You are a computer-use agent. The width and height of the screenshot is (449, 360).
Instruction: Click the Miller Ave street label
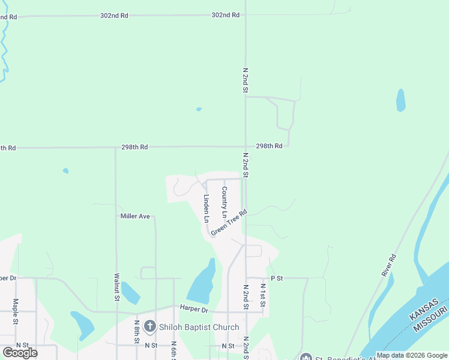pyautogui.click(x=134, y=216)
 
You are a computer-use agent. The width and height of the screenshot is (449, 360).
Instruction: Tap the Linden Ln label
pyautogui.click(x=206, y=208)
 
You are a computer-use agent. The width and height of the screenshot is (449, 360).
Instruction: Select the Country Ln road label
pyautogui.click(x=224, y=202)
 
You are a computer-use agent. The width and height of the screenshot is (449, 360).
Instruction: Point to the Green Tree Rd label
pyautogui.click(x=229, y=222)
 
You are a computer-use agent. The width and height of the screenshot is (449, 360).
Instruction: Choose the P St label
pyautogui.click(x=276, y=278)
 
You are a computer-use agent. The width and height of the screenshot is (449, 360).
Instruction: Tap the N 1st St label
pyautogui.click(x=262, y=293)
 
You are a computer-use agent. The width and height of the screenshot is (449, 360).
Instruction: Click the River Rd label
pyautogui.click(x=389, y=265)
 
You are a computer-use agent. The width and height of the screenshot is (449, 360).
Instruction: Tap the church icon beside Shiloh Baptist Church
pyautogui.click(x=149, y=327)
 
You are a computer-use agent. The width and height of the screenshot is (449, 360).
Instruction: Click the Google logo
pyautogui.click(x=20, y=352)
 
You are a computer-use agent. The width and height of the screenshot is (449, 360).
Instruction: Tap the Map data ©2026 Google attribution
pyautogui.click(x=412, y=355)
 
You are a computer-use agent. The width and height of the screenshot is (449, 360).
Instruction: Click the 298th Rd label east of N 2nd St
pyautogui.click(x=269, y=146)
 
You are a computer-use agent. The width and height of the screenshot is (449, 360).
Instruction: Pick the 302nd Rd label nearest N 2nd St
pyautogui.click(x=225, y=15)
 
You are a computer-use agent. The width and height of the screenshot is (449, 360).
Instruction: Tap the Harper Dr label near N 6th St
pyautogui.click(x=193, y=310)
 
